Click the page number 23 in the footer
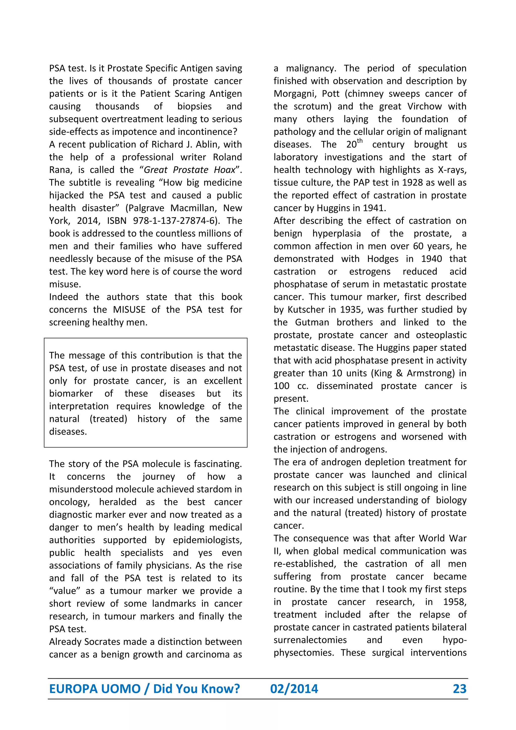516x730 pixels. pyautogui.click(x=460, y=689)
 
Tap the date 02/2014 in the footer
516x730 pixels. pyautogui.click(x=294, y=689)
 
